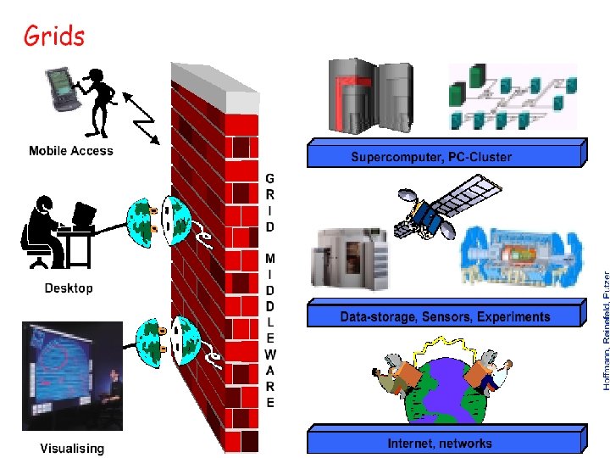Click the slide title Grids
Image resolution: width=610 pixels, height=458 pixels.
click(x=54, y=36)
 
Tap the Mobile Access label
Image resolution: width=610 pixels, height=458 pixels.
click(x=70, y=151)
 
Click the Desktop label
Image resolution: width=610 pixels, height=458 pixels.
click(x=69, y=288)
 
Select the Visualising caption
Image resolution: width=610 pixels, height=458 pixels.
click(x=73, y=448)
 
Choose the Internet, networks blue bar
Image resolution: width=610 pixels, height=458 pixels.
click(x=441, y=443)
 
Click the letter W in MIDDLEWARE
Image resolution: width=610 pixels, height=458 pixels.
click(x=269, y=354)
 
